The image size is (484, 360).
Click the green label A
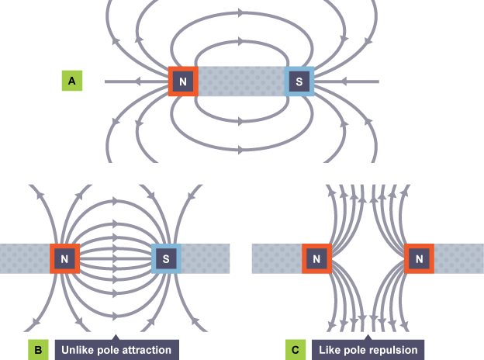point(72,81)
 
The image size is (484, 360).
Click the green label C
point(296,351)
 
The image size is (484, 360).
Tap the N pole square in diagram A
point(183,81)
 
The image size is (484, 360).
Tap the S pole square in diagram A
point(299,81)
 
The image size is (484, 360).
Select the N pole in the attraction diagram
point(64,258)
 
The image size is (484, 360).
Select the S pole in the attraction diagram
point(166,258)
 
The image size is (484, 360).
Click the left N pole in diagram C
point(316,258)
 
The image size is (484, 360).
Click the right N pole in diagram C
point(420,258)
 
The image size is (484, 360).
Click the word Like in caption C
point(330,351)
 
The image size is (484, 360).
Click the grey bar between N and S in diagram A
point(241,81)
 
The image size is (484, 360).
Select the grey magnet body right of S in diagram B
point(206,258)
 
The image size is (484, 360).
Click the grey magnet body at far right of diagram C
point(458,258)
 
